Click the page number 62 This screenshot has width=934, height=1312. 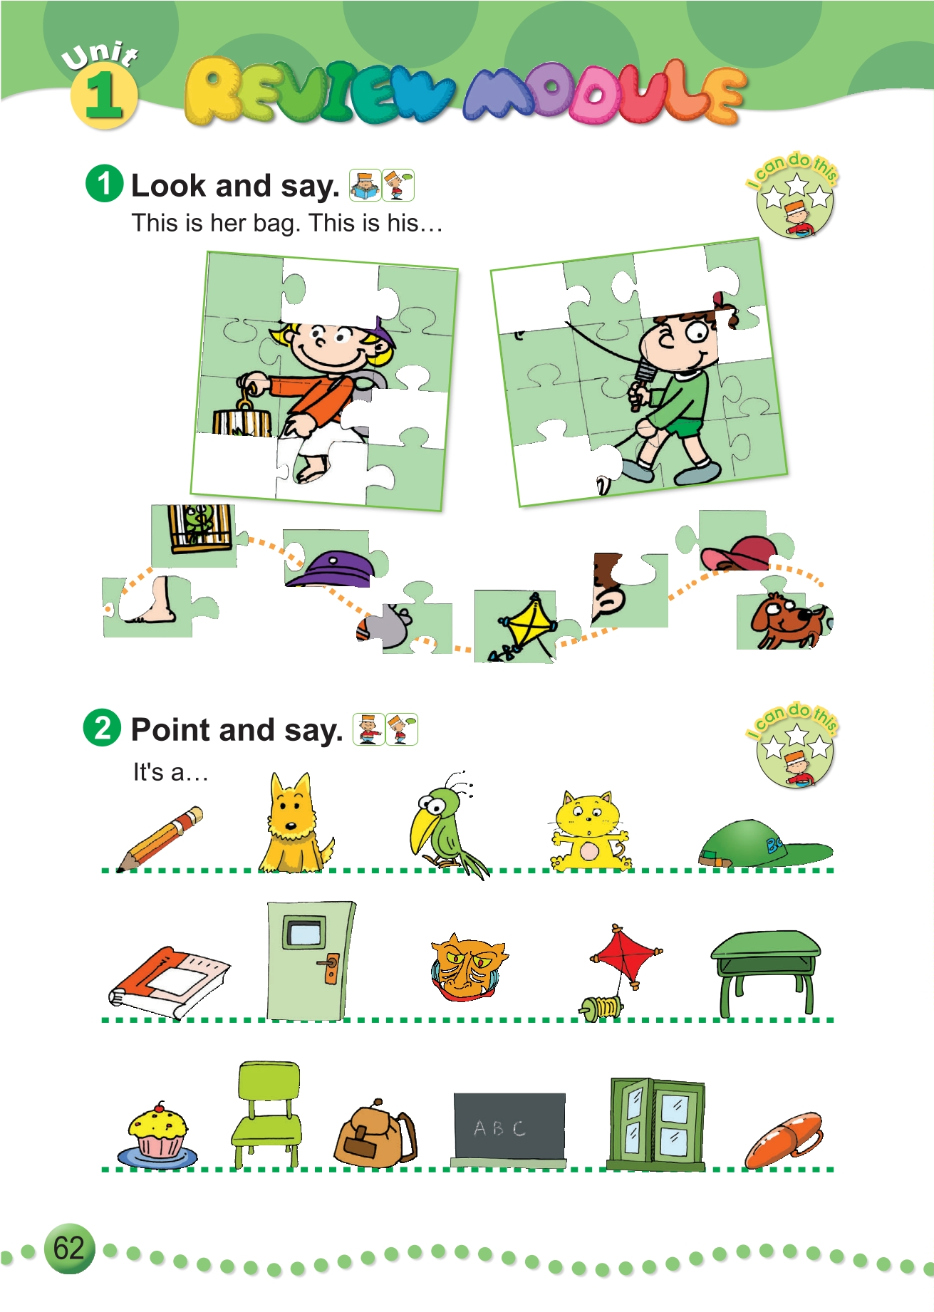pyautogui.click(x=69, y=1248)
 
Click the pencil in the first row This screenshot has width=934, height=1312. pyautogui.click(x=160, y=838)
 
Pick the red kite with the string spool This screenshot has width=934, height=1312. pyautogui.click(x=620, y=972)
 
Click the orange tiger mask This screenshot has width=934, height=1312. pyautogui.click(x=467, y=968)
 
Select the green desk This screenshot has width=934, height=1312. pyautogui.click(x=765, y=972)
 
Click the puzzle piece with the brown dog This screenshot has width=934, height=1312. pyautogui.click(x=784, y=617)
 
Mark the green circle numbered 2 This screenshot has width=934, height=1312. pyautogui.click(x=103, y=728)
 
